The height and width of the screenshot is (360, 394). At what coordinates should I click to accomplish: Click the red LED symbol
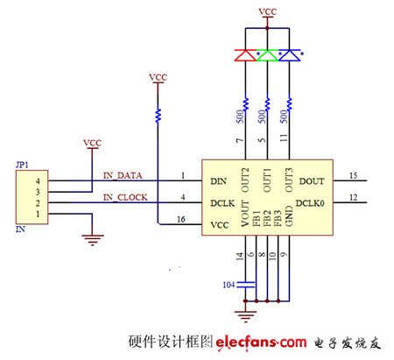point(245,55)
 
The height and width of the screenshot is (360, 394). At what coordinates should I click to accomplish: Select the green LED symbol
point(267,55)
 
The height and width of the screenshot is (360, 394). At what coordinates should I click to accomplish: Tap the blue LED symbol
point(290,55)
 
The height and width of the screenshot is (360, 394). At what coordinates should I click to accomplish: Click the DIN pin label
point(218,181)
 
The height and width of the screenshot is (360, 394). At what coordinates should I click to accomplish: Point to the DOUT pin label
point(312,181)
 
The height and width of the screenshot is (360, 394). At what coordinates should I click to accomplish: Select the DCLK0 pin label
point(310,203)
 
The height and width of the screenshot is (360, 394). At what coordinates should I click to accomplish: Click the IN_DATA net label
point(123,175)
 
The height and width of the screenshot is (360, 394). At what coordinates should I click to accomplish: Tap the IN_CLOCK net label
point(125,198)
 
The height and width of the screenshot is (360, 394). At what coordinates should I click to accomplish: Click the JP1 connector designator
point(22,165)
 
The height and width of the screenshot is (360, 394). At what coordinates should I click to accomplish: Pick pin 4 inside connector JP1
point(38,181)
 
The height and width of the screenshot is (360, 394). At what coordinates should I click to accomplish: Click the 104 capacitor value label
point(229,285)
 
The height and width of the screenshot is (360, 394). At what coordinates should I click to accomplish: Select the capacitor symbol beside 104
point(246,285)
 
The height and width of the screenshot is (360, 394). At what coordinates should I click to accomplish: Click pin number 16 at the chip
point(181,219)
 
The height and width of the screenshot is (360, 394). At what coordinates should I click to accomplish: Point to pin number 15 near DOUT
point(353,175)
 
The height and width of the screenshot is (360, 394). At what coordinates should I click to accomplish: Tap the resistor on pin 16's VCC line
point(158,115)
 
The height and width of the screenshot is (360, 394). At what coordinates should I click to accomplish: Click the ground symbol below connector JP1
point(92,240)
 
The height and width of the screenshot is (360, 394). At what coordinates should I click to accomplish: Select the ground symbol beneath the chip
point(246,316)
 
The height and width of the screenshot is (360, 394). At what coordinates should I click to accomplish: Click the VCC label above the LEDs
point(268,11)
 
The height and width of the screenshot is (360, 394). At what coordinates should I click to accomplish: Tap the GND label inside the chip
point(289,216)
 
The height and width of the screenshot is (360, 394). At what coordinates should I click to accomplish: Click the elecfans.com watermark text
point(261,342)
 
